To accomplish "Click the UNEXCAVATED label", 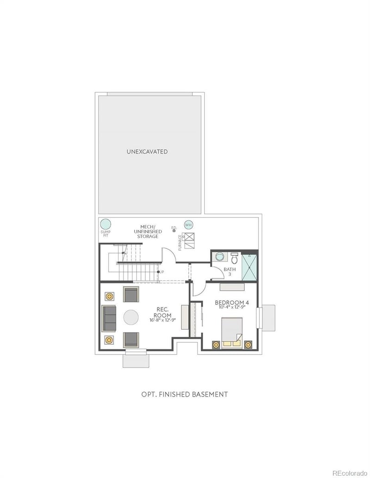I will (148, 151).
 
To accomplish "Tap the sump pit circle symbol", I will (105, 224).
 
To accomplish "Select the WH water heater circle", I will (188, 224).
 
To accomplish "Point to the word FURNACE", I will (180, 242).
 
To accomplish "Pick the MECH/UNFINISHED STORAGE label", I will (148, 231).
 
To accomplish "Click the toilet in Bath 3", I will (234, 257).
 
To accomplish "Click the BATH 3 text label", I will (229, 272).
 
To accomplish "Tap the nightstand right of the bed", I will (248, 345).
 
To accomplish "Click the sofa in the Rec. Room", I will (110, 318).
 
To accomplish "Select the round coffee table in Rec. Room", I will (130, 318).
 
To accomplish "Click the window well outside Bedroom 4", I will (268, 317).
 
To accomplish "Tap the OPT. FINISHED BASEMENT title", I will (185, 394).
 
